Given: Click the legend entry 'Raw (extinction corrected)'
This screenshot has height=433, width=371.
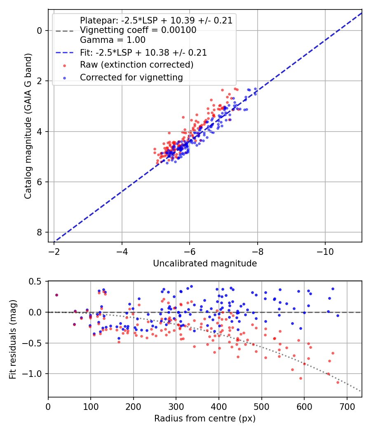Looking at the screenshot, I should tap(136, 65).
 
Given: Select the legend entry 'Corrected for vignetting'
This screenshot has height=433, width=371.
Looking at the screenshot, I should tap(131, 77).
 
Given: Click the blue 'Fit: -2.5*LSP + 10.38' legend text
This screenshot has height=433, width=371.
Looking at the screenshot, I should tap(143, 53).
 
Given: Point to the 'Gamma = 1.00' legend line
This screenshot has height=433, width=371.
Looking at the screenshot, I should tap(113, 40).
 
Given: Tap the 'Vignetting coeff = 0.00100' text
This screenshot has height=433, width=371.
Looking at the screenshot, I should tap(138, 30).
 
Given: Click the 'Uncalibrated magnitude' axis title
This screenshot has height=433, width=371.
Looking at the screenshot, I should tap(205, 264).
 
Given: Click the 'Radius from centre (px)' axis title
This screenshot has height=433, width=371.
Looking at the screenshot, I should tap(205, 419).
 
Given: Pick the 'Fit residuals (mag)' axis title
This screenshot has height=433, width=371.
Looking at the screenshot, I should tap(13, 339).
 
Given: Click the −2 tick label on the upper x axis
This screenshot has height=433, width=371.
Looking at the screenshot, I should tap(54, 250).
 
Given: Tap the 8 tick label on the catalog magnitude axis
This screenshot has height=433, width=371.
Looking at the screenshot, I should tap(40, 232).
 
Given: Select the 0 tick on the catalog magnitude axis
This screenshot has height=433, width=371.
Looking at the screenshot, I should tap(40, 31).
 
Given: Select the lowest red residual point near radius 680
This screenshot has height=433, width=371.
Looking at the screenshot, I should tap(338, 382).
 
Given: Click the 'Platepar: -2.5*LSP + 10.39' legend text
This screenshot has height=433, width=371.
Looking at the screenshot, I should tap(156, 21).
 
